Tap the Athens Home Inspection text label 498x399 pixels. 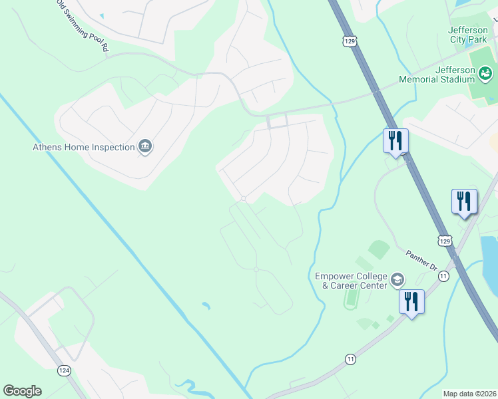tap(84, 147)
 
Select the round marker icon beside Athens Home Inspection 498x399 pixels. tap(145, 147)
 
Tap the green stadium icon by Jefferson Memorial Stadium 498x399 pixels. tap(485, 72)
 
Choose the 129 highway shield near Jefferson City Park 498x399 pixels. tap(350, 41)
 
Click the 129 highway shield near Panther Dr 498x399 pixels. tap(445, 240)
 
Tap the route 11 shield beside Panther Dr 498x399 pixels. tap(443, 275)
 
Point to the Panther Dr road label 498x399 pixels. tap(421, 259)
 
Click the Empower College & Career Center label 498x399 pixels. tap(351, 280)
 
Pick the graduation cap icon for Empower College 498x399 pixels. tap(397, 280)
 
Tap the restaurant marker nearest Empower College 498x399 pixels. tap(411, 302)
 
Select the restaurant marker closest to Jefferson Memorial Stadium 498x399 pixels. tap(395, 141)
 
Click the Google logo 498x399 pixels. tap(22, 391)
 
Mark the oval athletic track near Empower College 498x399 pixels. tap(350, 299)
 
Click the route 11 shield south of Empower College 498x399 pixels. tap(350, 359)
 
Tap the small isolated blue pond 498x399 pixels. tap(206, 306)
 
